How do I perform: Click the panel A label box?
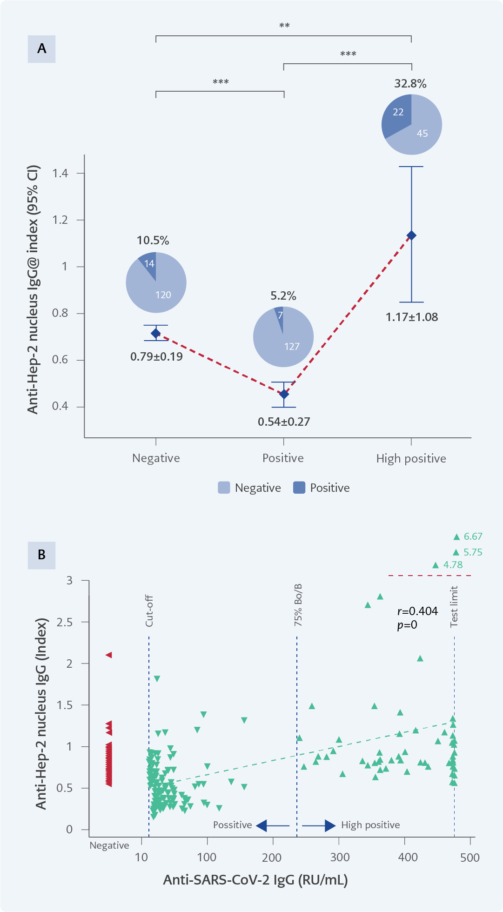(41, 49)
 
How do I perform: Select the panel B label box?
(41, 555)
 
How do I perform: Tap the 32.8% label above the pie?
(410, 84)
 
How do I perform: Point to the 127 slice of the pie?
(288, 342)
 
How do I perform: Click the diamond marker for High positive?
(411, 235)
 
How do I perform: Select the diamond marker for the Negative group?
(156, 333)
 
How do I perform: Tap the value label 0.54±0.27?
(284, 422)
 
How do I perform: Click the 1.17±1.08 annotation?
(412, 317)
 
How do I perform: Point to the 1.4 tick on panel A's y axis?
(60, 174)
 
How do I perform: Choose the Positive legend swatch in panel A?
(299, 488)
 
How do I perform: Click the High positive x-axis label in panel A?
(411, 459)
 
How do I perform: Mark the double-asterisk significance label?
(284, 26)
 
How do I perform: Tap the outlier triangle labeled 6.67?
(456, 537)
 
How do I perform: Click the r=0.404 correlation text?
(417, 611)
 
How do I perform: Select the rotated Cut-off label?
(149, 610)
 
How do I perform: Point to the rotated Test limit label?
(454, 606)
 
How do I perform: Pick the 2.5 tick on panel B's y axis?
(65, 622)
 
